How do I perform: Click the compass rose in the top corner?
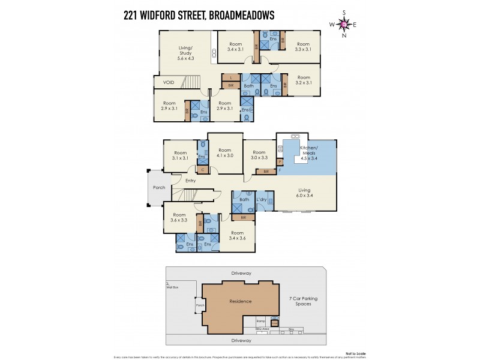click(344, 24)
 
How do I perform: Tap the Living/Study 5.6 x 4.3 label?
click(185, 53)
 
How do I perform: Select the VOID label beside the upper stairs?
click(161, 82)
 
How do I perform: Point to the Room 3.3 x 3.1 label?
click(303, 47)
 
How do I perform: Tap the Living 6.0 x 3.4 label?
click(305, 193)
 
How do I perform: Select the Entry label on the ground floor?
click(190, 181)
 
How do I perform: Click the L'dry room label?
click(262, 199)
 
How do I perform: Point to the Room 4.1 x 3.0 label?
click(224, 152)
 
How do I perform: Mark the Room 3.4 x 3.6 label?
click(238, 235)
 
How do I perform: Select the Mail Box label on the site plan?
click(172, 287)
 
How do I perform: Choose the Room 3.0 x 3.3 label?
click(259, 155)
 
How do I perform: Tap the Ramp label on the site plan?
click(260, 320)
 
